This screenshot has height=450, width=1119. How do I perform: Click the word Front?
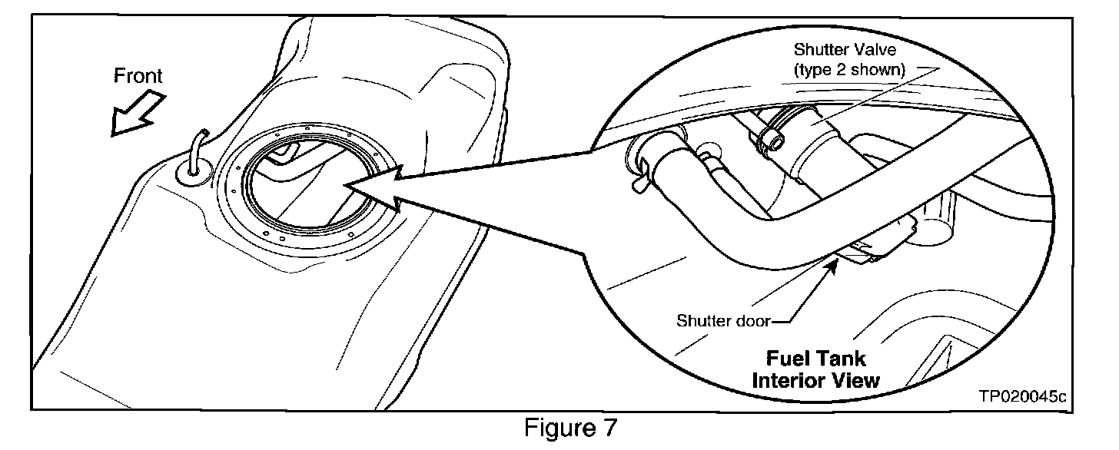(x=138, y=76)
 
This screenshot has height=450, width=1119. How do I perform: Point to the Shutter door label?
(x=722, y=320)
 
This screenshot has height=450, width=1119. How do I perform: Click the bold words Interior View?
(x=816, y=379)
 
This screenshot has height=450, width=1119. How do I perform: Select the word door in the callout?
(x=752, y=320)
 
